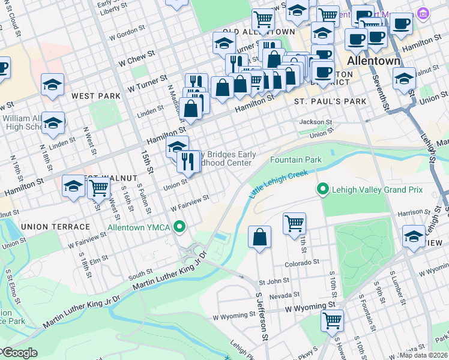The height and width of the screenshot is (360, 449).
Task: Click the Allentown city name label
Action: point(373,61)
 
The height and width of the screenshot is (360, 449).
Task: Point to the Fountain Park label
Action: point(296,160)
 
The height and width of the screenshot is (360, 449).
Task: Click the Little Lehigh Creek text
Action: point(279,184)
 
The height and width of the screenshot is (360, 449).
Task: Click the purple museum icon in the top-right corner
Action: point(423,12)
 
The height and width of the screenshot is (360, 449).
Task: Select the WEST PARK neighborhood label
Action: point(92,95)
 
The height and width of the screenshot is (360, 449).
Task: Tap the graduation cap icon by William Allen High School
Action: point(53,123)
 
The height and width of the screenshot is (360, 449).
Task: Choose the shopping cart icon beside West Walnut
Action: point(98,188)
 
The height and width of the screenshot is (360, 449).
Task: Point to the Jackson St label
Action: point(316,122)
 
